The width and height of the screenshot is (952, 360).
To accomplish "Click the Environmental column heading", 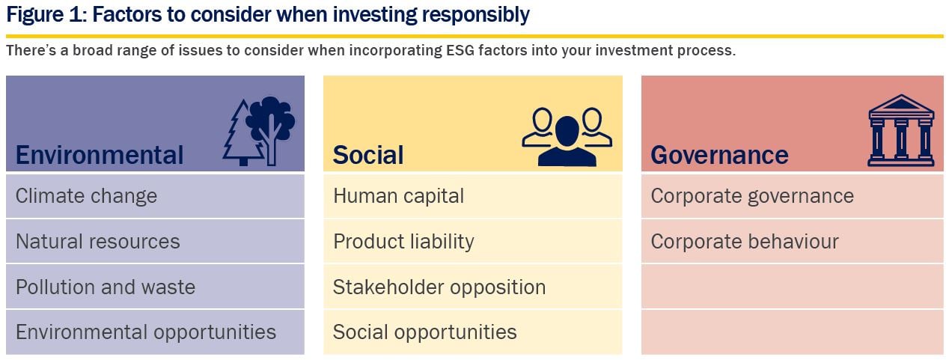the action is [x=100, y=155].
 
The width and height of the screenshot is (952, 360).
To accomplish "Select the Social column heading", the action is [x=368, y=155].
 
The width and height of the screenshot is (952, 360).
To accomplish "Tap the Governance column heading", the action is [x=719, y=155].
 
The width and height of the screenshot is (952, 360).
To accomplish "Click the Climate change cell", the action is [x=155, y=196].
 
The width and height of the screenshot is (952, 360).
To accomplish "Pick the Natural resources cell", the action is [x=155, y=242].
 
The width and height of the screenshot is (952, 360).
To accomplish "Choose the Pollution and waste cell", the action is [x=155, y=287].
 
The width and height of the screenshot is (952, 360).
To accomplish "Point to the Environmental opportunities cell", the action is [x=155, y=332].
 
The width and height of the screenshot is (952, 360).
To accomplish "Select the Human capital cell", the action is [x=472, y=196].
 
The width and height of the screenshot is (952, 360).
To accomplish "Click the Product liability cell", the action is [x=472, y=242].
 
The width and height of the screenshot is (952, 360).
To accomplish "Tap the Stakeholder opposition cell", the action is [x=472, y=287].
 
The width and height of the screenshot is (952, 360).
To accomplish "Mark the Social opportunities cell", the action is [x=472, y=332].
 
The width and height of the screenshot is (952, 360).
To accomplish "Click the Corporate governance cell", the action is [x=792, y=196].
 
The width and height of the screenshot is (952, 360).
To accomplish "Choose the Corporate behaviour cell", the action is [x=792, y=242].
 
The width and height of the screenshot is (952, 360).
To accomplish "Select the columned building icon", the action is [x=901, y=130].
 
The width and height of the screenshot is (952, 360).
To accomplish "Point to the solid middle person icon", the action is [x=567, y=142].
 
